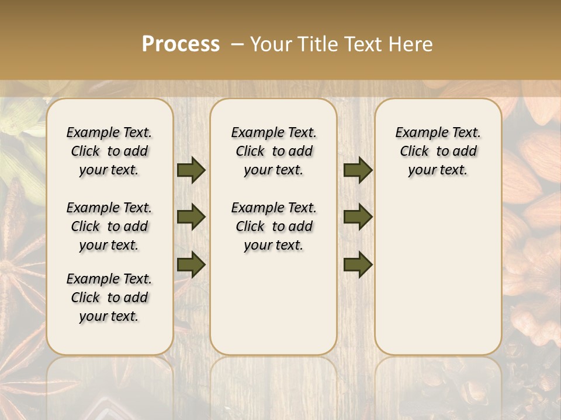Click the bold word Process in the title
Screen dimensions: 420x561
click(x=181, y=44)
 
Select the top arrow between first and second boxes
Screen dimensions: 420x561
click(x=191, y=170)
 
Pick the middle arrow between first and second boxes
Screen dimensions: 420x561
click(x=191, y=217)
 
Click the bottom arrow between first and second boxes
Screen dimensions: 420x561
click(x=191, y=264)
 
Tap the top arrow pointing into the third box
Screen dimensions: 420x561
click(x=358, y=170)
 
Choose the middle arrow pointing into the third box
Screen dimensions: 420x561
click(x=358, y=217)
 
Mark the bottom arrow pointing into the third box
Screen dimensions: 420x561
click(x=358, y=264)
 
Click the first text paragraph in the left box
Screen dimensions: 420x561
click(x=109, y=151)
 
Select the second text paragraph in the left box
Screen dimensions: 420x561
click(x=109, y=226)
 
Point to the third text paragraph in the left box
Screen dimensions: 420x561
click(x=109, y=297)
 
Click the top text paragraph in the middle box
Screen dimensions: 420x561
click(x=273, y=151)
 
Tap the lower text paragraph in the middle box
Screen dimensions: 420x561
click(x=273, y=226)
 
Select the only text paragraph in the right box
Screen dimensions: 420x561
click(x=438, y=151)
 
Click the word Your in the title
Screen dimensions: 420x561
click(x=271, y=44)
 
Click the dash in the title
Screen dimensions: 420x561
click(x=237, y=45)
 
